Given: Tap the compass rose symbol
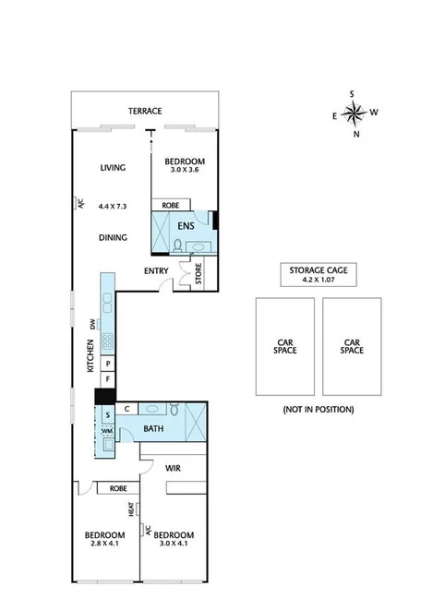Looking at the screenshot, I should (353, 114).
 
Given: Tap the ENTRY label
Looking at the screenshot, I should (156, 270).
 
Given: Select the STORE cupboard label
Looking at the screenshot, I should (197, 274).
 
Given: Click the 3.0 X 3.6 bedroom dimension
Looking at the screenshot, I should (185, 171).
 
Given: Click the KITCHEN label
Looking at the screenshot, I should (90, 355).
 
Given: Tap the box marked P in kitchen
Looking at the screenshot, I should (107, 364).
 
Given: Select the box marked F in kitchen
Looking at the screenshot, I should (107, 379).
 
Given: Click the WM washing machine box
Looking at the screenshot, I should (107, 431).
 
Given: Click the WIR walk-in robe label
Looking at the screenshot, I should (172, 469).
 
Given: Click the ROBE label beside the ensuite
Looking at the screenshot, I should (170, 205).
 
